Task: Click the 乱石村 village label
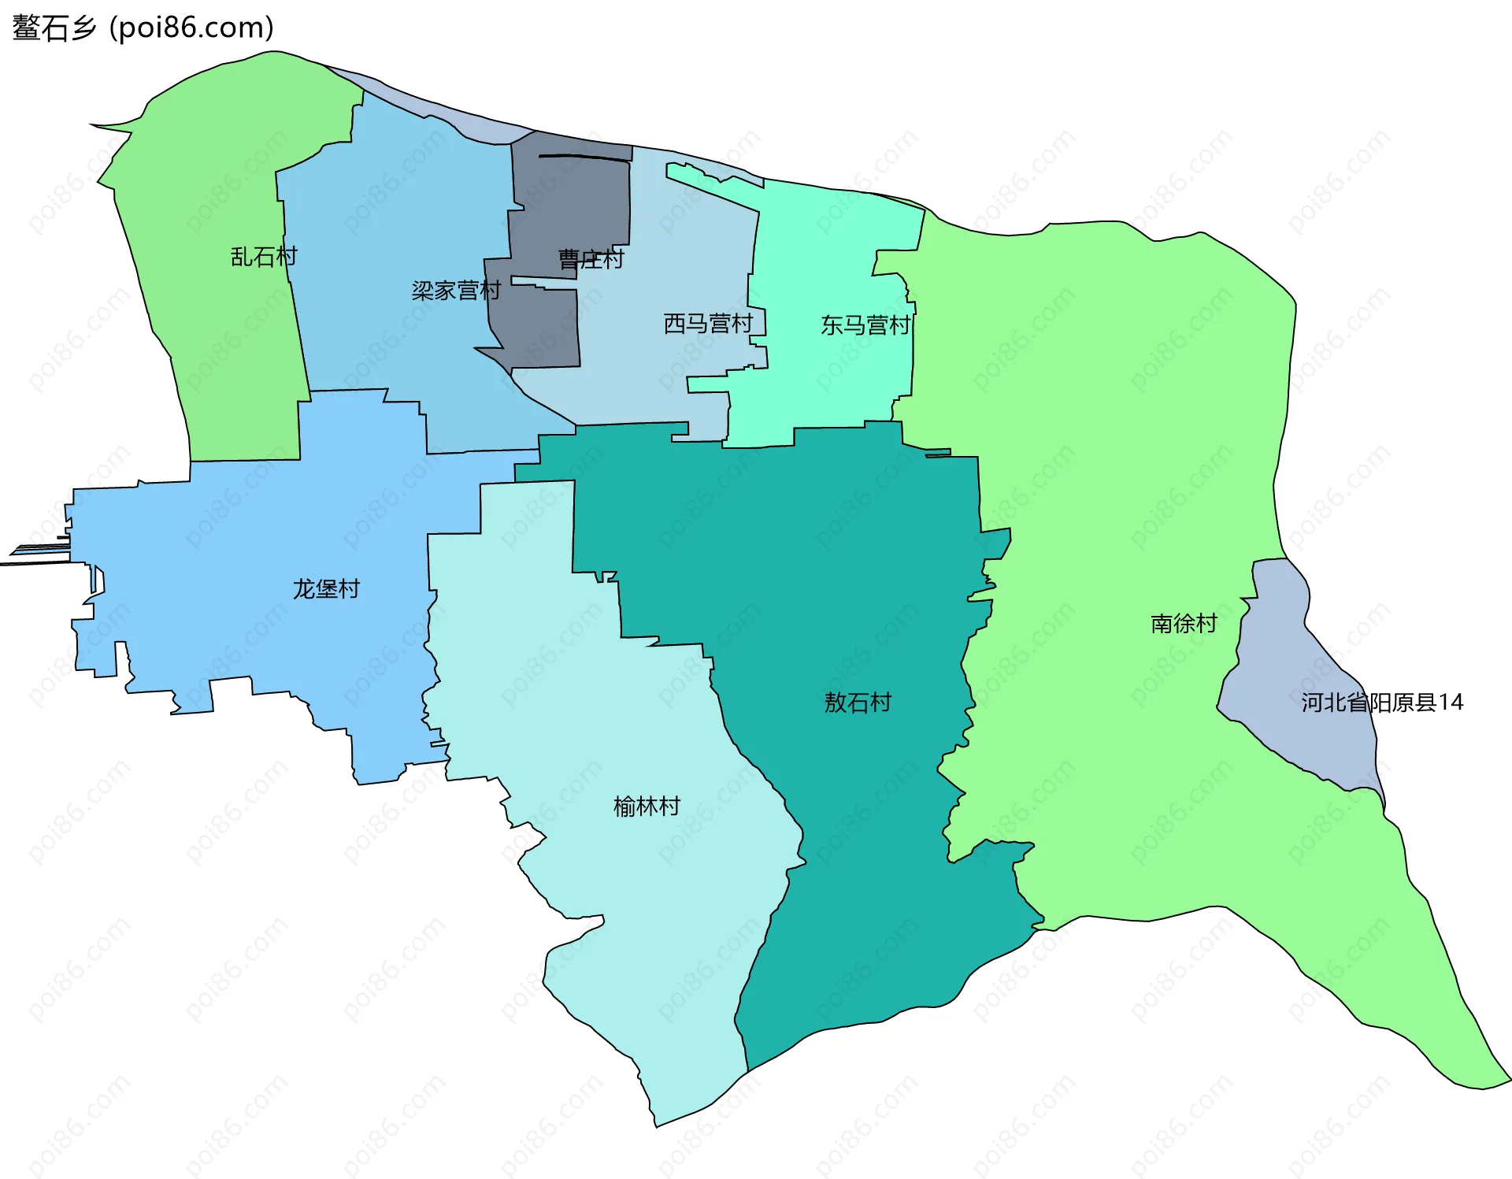[264, 257]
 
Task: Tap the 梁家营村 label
[456, 291]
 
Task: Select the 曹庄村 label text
[591, 259]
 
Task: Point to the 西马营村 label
[708, 323]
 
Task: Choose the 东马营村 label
[865, 324]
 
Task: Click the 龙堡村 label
[326, 588]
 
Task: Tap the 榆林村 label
[647, 806]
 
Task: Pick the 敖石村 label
[858, 702]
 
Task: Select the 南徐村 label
[1184, 623]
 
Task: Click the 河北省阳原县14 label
[1382, 702]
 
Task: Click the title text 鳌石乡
[54, 28]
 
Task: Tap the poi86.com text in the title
[191, 28]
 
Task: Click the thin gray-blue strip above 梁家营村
[441, 114]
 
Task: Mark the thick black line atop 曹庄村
[584, 158]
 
